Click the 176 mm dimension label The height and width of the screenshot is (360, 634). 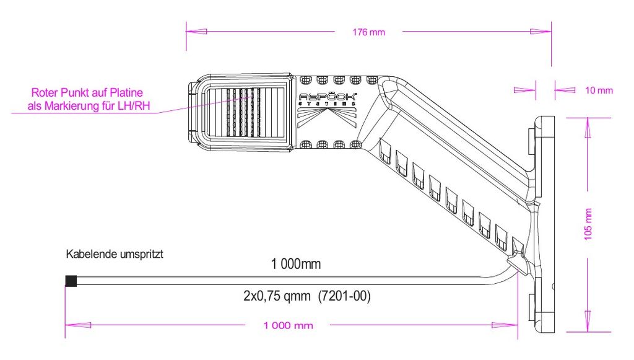click(x=368, y=32)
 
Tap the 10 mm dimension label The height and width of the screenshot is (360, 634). click(x=599, y=90)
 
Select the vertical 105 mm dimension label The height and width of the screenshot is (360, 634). click(x=588, y=224)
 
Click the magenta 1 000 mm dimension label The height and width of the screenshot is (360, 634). click(x=289, y=325)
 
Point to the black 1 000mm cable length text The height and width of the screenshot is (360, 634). click(x=296, y=264)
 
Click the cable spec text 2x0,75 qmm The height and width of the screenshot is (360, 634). click(x=277, y=296)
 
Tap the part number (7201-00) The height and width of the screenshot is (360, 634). click(x=344, y=296)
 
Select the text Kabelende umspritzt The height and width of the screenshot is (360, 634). click(x=115, y=254)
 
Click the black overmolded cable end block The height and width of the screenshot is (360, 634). click(x=71, y=281)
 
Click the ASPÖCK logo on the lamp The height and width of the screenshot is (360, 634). click(x=328, y=97)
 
